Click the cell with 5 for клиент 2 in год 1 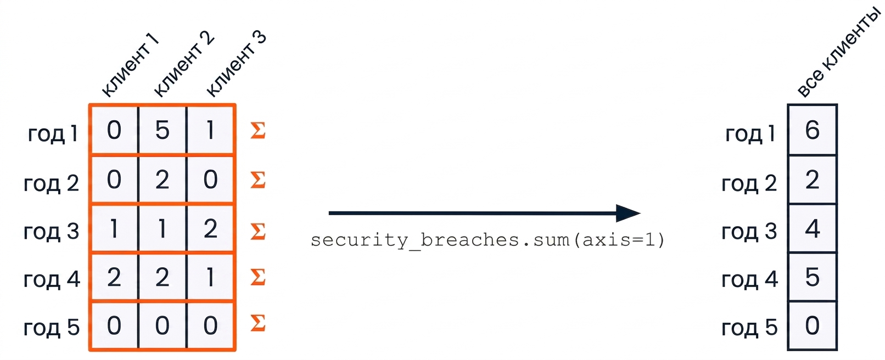point(163,130)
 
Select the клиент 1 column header point(130,65)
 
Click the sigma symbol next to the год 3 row point(258,231)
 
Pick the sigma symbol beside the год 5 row point(258,323)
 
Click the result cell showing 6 point(813,130)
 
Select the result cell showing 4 point(813,228)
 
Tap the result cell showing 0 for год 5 point(813,325)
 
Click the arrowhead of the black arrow point(628,213)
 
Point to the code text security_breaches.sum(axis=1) point(488,240)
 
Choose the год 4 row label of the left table point(52,279)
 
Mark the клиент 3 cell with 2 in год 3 point(211,228)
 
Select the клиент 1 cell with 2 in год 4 point(114,277)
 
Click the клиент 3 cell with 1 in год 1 point(211,130)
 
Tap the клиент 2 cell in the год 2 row point(163,179)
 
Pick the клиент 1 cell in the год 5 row point(114,325)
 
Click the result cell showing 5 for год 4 point(813,277)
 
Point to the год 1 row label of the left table point(53,133)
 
